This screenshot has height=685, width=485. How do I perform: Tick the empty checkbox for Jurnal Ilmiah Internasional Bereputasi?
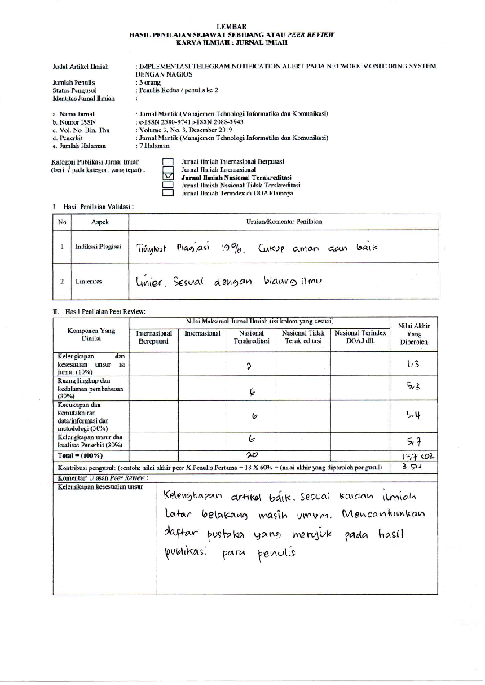(x=169, y=162)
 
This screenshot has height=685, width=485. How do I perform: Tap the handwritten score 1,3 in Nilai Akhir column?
(x=412, y=364)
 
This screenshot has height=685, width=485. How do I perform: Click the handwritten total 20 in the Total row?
(x=252, y=453)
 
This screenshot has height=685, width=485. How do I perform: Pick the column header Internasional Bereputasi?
(x=154, y=337)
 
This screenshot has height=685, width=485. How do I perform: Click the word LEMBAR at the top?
(x=242, y=27)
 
